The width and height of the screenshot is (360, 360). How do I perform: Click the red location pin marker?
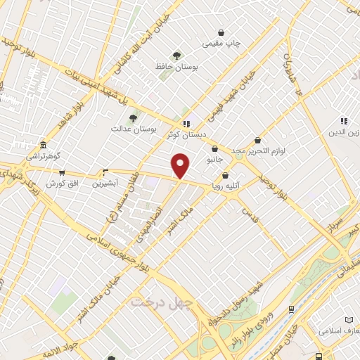[181, 165]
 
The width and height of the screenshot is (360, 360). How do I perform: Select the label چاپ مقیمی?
[221, 44]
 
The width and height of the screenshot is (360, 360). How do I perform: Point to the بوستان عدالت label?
[132, 129]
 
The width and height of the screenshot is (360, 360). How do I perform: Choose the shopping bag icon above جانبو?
[214, 148]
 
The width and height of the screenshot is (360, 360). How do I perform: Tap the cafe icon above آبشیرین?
[106, 172]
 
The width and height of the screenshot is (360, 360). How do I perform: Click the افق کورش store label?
[62, 184]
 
